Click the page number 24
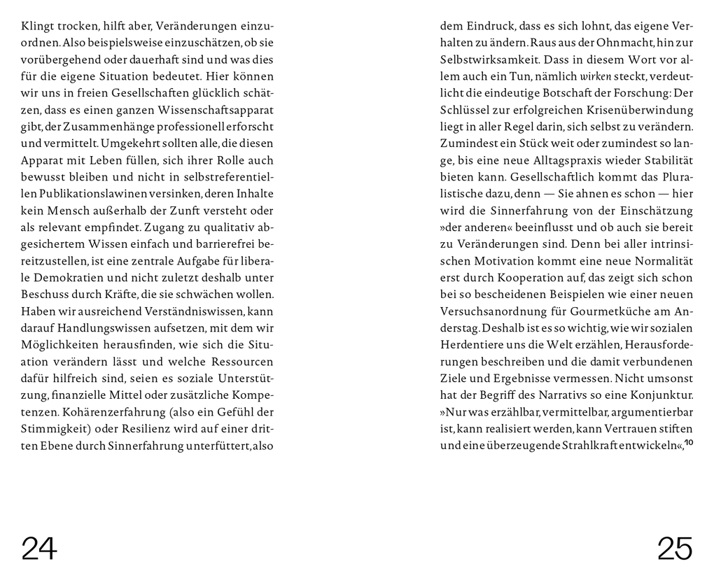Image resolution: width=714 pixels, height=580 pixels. point(39,548)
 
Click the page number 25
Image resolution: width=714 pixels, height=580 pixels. point(675,548)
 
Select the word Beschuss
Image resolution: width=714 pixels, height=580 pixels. point(44,294)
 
